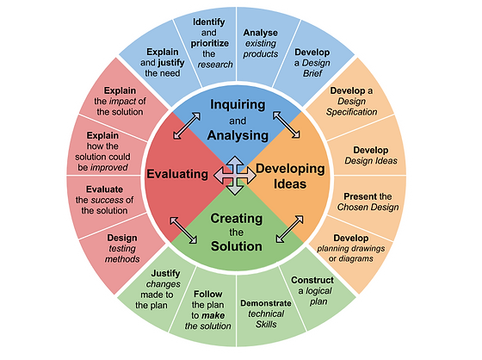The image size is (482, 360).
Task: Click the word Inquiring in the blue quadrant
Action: [238, 105]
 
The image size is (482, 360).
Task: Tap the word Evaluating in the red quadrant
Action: [177, 174]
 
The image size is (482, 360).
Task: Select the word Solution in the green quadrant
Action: [237, 246]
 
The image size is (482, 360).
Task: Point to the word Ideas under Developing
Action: [290, 184]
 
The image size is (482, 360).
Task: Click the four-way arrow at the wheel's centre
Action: [235, 176]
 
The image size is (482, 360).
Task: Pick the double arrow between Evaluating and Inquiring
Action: [187, 126]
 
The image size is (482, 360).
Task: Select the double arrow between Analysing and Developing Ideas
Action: [287, 125]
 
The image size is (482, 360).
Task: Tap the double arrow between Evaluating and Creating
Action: [183, 231]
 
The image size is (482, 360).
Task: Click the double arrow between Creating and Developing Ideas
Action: [289, 229]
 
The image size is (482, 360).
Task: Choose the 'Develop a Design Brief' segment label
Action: [312, 63]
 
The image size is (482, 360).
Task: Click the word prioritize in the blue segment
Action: [210, 43]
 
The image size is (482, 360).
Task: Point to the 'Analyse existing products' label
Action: [261, 43]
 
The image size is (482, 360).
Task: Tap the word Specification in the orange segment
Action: [352, 112]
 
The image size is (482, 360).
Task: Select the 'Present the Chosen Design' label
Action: [368, 202]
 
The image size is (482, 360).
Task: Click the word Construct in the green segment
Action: [312, 280]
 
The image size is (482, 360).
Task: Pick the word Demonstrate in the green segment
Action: [266, 303]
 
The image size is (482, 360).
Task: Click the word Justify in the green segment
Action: [165, 274]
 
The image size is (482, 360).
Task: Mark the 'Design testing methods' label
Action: [122, 248]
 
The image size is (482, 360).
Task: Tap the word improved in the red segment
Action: [109, 167]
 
